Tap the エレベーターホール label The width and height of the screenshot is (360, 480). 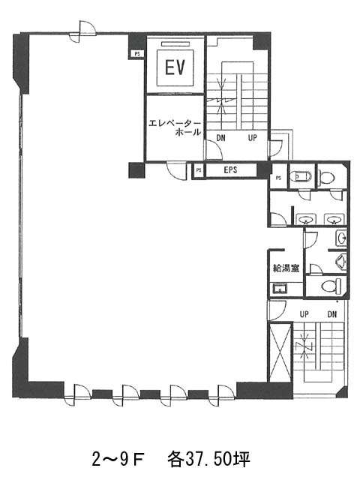pyautogui.click(x=175, y=127)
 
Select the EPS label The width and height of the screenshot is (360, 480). pyautogui.click(x=230, y=170)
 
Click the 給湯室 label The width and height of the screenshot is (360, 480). pyautogui.click(x=286, y=268)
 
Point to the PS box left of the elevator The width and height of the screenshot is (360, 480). pyautogui.click(x=136, y=54)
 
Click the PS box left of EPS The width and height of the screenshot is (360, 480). pyautogui.click(x=199, y=170)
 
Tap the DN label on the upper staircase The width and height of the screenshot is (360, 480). pyautogui.click(x=220, y=138)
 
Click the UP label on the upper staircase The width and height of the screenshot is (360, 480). pyautogui.click(x=252, y=138)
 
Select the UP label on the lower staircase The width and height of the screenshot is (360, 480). pyautogui.click(x=304, y=314)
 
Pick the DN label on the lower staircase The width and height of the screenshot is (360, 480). pyautogui.click(x=332, y=314)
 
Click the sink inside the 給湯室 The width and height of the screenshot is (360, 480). pyautogui.click(x=280, y=289)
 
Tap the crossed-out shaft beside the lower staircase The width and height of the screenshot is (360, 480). pyautogui.click(x=280, y=352)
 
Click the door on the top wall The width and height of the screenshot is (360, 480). pyautogui.click(x=82, y=31)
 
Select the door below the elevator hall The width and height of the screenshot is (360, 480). pyautogui.click(x=177, y=170)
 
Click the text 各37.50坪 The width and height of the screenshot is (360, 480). pyautogui.click(x=208, y=460)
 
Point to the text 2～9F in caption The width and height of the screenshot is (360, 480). pyautogui.click(x=118, y=460)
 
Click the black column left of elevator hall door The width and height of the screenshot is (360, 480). pyautogui.click(x=136, y=170)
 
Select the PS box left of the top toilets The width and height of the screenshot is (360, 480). pyautogui.click(x=278, y=178)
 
